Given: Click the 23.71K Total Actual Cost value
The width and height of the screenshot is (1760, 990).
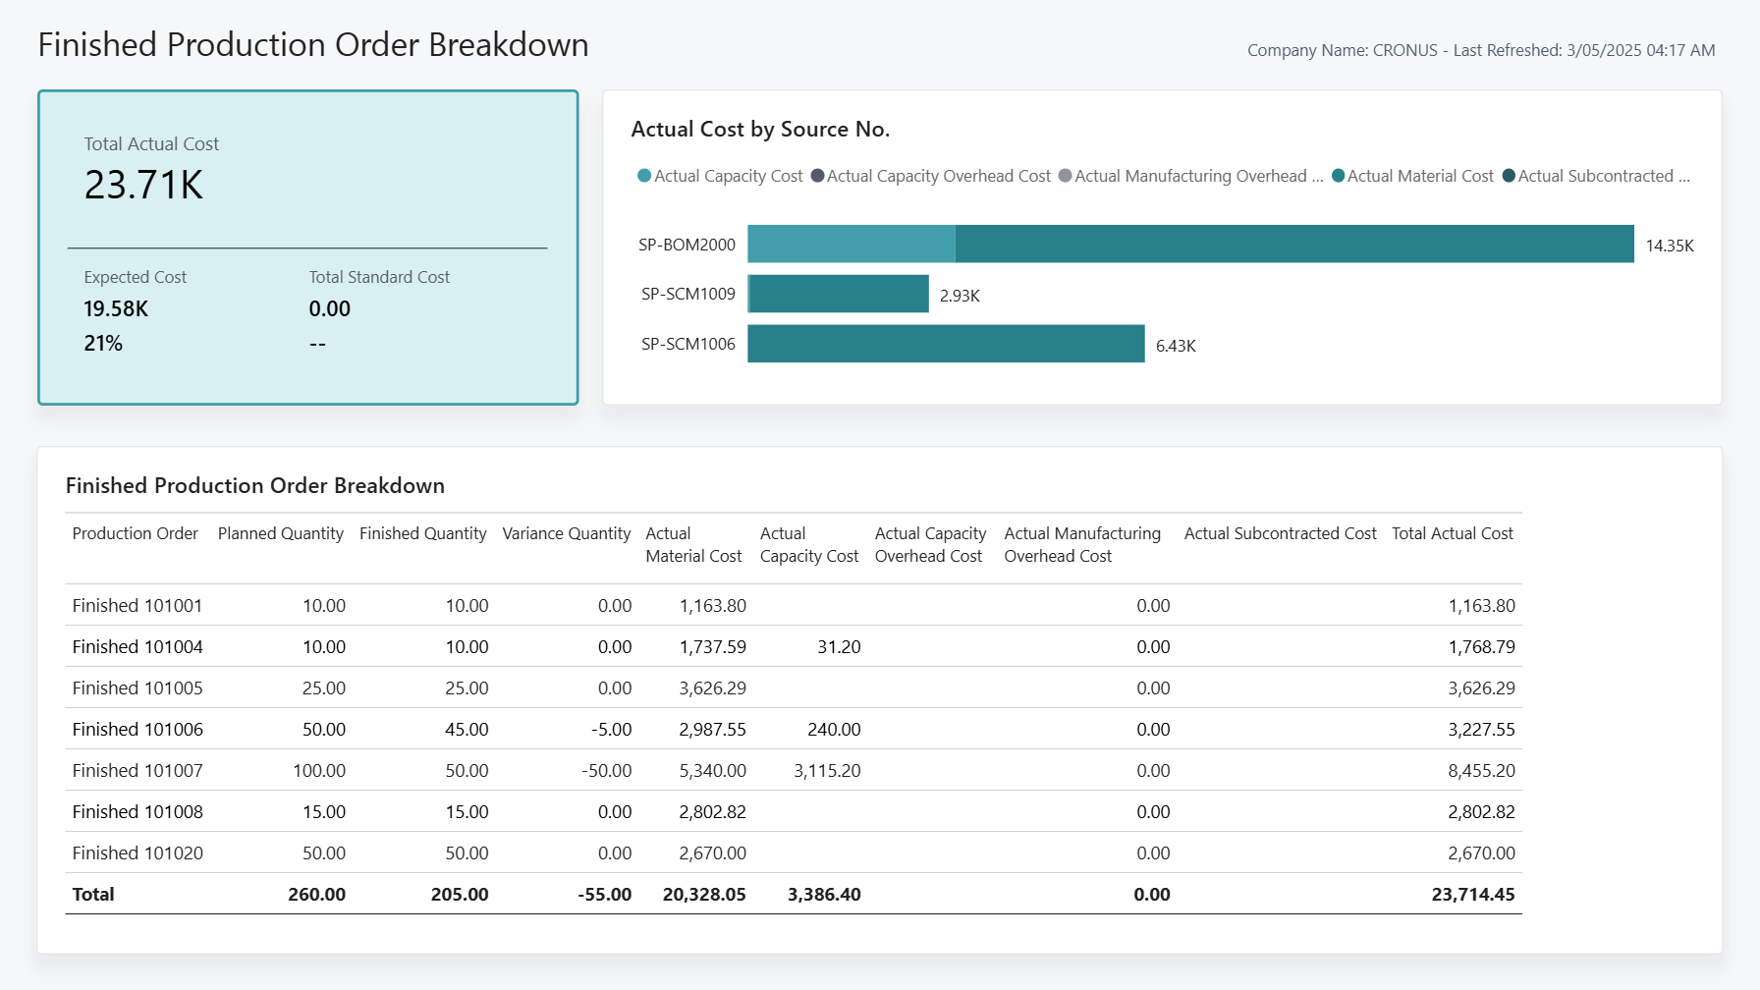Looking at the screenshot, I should (x=143, y=186).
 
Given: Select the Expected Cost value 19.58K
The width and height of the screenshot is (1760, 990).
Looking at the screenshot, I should (x=116, y=309).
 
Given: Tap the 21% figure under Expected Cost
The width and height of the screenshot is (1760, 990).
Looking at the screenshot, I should (x=103, y=344).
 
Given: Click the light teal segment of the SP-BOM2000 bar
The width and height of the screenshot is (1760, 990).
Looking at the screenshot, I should (x=851, y=244).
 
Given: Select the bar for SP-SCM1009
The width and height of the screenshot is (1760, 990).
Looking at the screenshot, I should (x=839, y=294).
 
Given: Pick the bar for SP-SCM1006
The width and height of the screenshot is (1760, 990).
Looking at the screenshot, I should (x=945, y=344).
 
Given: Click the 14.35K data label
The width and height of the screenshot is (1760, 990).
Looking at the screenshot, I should (x=1669, y=246).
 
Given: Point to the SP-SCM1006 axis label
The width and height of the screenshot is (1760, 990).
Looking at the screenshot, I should (x=687, y=344).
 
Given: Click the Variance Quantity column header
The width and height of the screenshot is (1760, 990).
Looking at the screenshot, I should (x=566, y=533).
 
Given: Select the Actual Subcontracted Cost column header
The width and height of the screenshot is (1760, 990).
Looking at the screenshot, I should (x=1280, y=533).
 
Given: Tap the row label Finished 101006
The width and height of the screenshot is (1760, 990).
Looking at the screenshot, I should (x=137, y=730).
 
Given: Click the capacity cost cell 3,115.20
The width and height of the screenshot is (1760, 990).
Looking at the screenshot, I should (x=827, y=771).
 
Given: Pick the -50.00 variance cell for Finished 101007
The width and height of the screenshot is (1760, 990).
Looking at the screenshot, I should (x=606, y=771).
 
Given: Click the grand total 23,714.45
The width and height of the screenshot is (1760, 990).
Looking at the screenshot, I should (x=1472, y=895).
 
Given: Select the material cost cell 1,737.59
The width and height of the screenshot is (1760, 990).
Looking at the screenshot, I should (x=712, y=647).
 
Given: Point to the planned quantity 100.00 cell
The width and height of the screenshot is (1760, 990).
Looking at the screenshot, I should (x=318, y=771).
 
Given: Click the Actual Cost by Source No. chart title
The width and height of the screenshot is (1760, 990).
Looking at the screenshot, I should (x=760, y=130).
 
